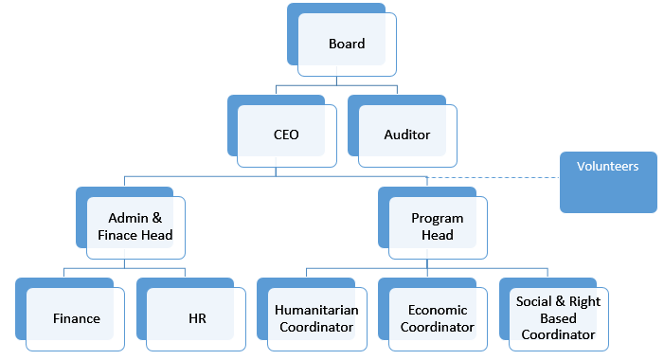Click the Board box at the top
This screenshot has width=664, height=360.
coord(346,44)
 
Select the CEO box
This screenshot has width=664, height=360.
coord(285,135)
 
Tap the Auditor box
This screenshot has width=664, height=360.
coord(406,135)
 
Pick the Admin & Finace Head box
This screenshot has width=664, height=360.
coord(135,226)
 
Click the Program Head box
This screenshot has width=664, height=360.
coord(437,226)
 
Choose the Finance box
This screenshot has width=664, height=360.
coord(76,318)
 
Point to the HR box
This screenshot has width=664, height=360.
coord(196,318)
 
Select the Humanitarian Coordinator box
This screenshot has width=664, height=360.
coord(314,318)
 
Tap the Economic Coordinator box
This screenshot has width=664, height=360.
coord(437,318)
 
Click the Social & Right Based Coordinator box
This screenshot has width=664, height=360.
coord(558,318)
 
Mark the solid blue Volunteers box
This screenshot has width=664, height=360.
coord(607,182)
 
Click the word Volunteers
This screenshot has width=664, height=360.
coord(607,166)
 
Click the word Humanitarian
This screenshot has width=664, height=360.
coord(314,310)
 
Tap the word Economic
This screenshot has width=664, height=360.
coord(437,310)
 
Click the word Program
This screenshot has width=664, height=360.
coord(437,218)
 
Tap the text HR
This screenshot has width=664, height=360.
coord(196,318)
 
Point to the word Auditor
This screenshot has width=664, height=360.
coord(406,135)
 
